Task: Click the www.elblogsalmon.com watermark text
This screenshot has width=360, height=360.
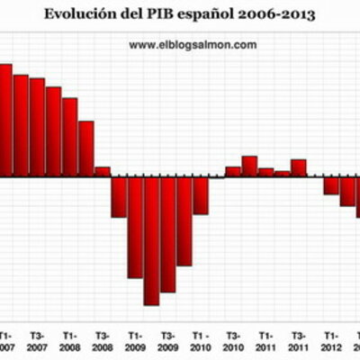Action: point(193,44)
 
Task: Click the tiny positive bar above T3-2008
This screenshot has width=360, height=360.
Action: point(102,171)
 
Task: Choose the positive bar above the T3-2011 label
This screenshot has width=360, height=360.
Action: point(299,167)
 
